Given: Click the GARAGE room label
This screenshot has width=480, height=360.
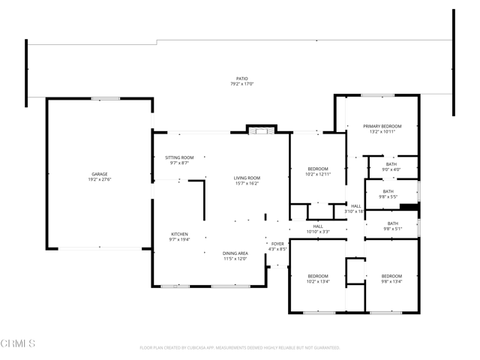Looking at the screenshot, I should click(99, 174).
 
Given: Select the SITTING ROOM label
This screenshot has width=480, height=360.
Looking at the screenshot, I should click(179, 157).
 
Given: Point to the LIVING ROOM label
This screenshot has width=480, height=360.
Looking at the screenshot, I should click(247, 178).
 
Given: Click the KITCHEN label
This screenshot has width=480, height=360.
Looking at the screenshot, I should click(179, 234).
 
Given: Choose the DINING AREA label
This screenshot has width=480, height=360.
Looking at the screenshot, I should click(235, 253).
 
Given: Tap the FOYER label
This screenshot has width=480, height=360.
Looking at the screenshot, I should click(277, 244).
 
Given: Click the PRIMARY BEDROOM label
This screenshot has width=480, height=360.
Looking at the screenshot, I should click(382, 126).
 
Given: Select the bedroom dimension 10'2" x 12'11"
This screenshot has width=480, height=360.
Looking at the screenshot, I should click(317, 174).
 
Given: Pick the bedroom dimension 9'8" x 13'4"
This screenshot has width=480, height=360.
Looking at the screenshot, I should click(391, 281).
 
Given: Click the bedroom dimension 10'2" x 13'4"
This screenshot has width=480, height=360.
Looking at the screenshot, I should click(317, 281).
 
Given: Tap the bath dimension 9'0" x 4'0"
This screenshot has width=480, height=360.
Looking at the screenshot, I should click(391, 169).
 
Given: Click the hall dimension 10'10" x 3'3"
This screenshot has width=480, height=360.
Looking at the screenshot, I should click(318, 232).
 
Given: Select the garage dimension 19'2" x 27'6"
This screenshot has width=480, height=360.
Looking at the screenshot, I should click(99, 179).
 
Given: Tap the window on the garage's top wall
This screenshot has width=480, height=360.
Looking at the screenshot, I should click(105, 98).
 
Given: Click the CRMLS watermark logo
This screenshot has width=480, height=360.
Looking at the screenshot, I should click(18, 344).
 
